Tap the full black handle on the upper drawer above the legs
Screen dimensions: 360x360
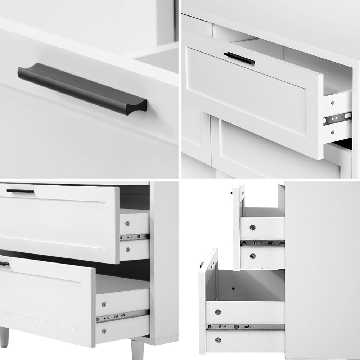point(20,191)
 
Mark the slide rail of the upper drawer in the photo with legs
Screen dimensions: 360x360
point(134,237)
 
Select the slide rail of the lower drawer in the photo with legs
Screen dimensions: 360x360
point(122,316)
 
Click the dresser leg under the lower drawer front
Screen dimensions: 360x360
point(4,337)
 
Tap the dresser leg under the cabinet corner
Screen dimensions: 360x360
point(138,349)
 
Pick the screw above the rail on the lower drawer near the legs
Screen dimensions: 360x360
point(104,304)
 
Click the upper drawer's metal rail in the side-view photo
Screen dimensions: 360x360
point(262,243)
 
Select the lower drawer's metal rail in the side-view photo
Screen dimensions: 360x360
point(245,327)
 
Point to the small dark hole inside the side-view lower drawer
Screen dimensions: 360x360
point(233,288)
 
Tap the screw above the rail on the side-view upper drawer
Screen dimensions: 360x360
point(252,228)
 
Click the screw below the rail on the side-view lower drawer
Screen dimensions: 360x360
point(218,339)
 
